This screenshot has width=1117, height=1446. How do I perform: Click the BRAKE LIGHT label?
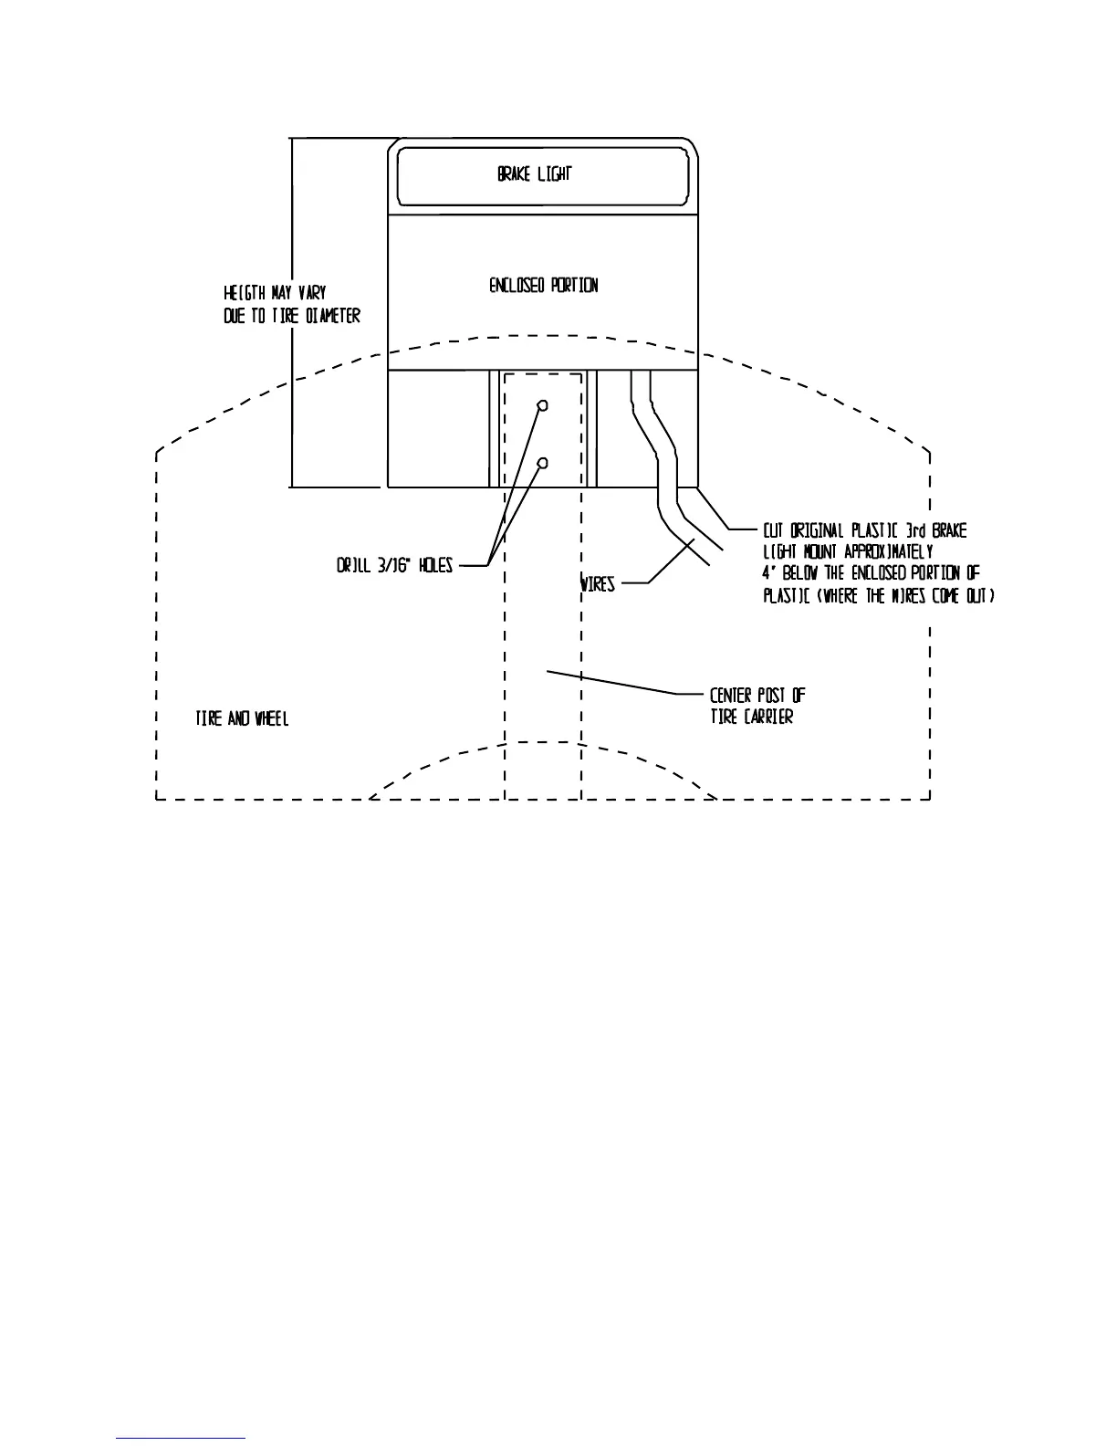535,173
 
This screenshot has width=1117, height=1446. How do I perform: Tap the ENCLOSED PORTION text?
544,286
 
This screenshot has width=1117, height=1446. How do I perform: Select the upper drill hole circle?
542,405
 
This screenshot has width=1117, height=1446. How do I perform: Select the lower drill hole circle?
542,464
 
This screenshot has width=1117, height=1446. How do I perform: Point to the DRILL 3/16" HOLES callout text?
394,567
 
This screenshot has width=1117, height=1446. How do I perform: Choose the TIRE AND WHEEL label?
242,719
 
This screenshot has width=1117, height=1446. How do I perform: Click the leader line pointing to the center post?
611,682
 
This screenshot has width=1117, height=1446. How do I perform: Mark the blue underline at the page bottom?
181,1438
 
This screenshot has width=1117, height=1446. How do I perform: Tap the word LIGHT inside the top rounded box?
554,173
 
